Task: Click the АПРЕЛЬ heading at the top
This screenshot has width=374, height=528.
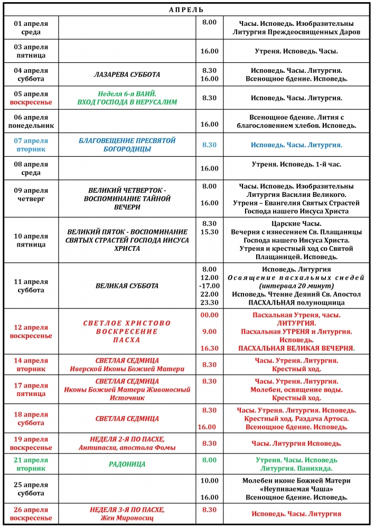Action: tap(186, 10)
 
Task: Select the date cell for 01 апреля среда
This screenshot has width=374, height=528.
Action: tap(31, 27)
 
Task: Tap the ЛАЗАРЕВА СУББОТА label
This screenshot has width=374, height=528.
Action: tap(127, 74)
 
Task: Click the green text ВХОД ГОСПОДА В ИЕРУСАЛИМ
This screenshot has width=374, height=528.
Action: tap(127, 102)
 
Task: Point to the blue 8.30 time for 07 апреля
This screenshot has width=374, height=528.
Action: tap(209, 145)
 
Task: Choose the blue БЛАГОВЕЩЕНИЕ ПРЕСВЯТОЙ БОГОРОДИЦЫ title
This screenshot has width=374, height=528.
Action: tap(127, 145)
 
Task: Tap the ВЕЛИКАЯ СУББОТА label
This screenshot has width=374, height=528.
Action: tap(127, 286)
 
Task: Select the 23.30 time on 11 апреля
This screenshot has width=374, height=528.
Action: tap(209, 303)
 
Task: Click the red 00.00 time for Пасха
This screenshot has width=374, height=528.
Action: tap(209, 315)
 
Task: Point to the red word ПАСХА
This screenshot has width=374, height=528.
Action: tap(127, 340)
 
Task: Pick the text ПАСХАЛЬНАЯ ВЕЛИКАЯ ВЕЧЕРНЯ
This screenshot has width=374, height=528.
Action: tap(296, 348)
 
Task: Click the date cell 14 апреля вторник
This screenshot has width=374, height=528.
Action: tap(31, 364)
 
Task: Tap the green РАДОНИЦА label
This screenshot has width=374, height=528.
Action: tap(127, 464)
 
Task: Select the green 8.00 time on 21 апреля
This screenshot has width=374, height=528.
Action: tap(209, 460)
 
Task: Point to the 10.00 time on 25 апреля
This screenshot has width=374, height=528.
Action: tap(209, 480)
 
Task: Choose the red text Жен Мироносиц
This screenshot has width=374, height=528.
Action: tap(127, 518)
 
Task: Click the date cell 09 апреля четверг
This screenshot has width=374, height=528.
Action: tap(31, 195)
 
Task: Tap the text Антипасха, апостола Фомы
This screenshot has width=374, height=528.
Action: tap(127, 448)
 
